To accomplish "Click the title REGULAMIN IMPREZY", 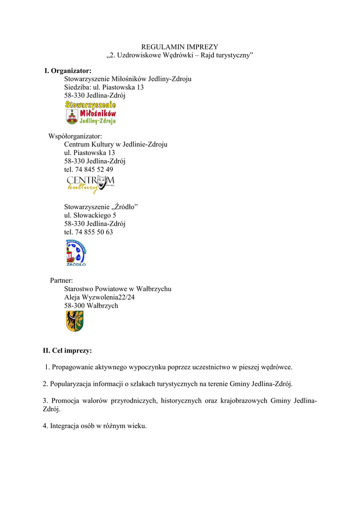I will click(180, 47).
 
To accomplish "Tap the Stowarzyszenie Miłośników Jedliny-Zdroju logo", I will click(91, 113).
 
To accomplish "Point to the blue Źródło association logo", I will click(76, 253).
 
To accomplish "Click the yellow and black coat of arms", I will click(75, 321).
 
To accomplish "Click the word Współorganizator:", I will click(75, 136).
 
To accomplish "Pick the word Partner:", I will click(62, 280).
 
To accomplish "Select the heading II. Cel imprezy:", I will click(67, 351).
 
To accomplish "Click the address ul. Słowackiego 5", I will click(90, 215).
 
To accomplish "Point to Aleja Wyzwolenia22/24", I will click(99, 297).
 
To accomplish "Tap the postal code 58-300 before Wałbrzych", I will click(74, 306).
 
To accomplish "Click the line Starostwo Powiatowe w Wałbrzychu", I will click(118, 289).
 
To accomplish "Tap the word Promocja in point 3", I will click(66, 401).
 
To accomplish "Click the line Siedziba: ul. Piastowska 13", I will click(104, 87).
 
